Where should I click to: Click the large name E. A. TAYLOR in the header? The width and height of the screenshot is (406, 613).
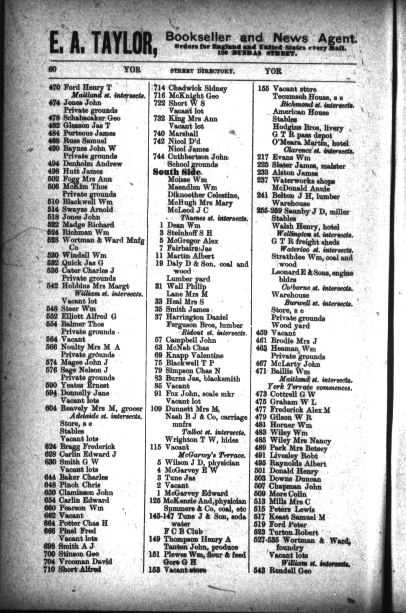(101, 44)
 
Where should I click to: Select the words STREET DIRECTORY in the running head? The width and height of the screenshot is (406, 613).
(202, 71)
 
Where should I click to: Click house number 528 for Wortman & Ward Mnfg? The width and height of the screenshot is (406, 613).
(54, 240)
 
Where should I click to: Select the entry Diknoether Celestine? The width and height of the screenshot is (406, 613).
(203, 195)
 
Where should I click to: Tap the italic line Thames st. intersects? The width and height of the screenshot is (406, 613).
(214, 218)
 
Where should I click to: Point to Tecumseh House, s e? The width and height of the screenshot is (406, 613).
(307, 97)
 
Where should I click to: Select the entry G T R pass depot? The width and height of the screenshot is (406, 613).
(302, 136)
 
